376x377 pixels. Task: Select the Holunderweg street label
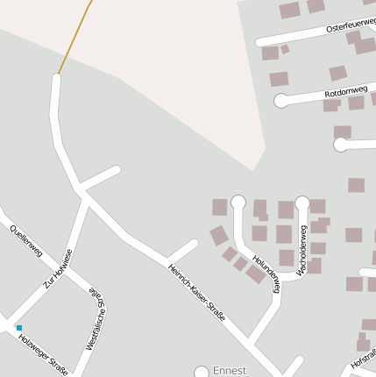click(x=266, y=273)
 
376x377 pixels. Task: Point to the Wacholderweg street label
click(x=302, y=251)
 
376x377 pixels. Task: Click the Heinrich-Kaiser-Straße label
click(x=197, y=292)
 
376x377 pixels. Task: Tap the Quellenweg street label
click(x=26, y=240)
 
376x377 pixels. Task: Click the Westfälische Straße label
click(x=96, y=320)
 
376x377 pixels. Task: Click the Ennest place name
click(x=231, y=371)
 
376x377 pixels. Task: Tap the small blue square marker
click(x=18, y=327)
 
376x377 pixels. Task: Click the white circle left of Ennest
click(x=202, y=373)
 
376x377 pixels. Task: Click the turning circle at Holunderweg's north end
click(x=238, y=203)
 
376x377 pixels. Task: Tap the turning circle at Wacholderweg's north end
click(x=302, y=203)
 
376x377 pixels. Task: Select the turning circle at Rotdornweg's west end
click(x=281, y=101)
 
